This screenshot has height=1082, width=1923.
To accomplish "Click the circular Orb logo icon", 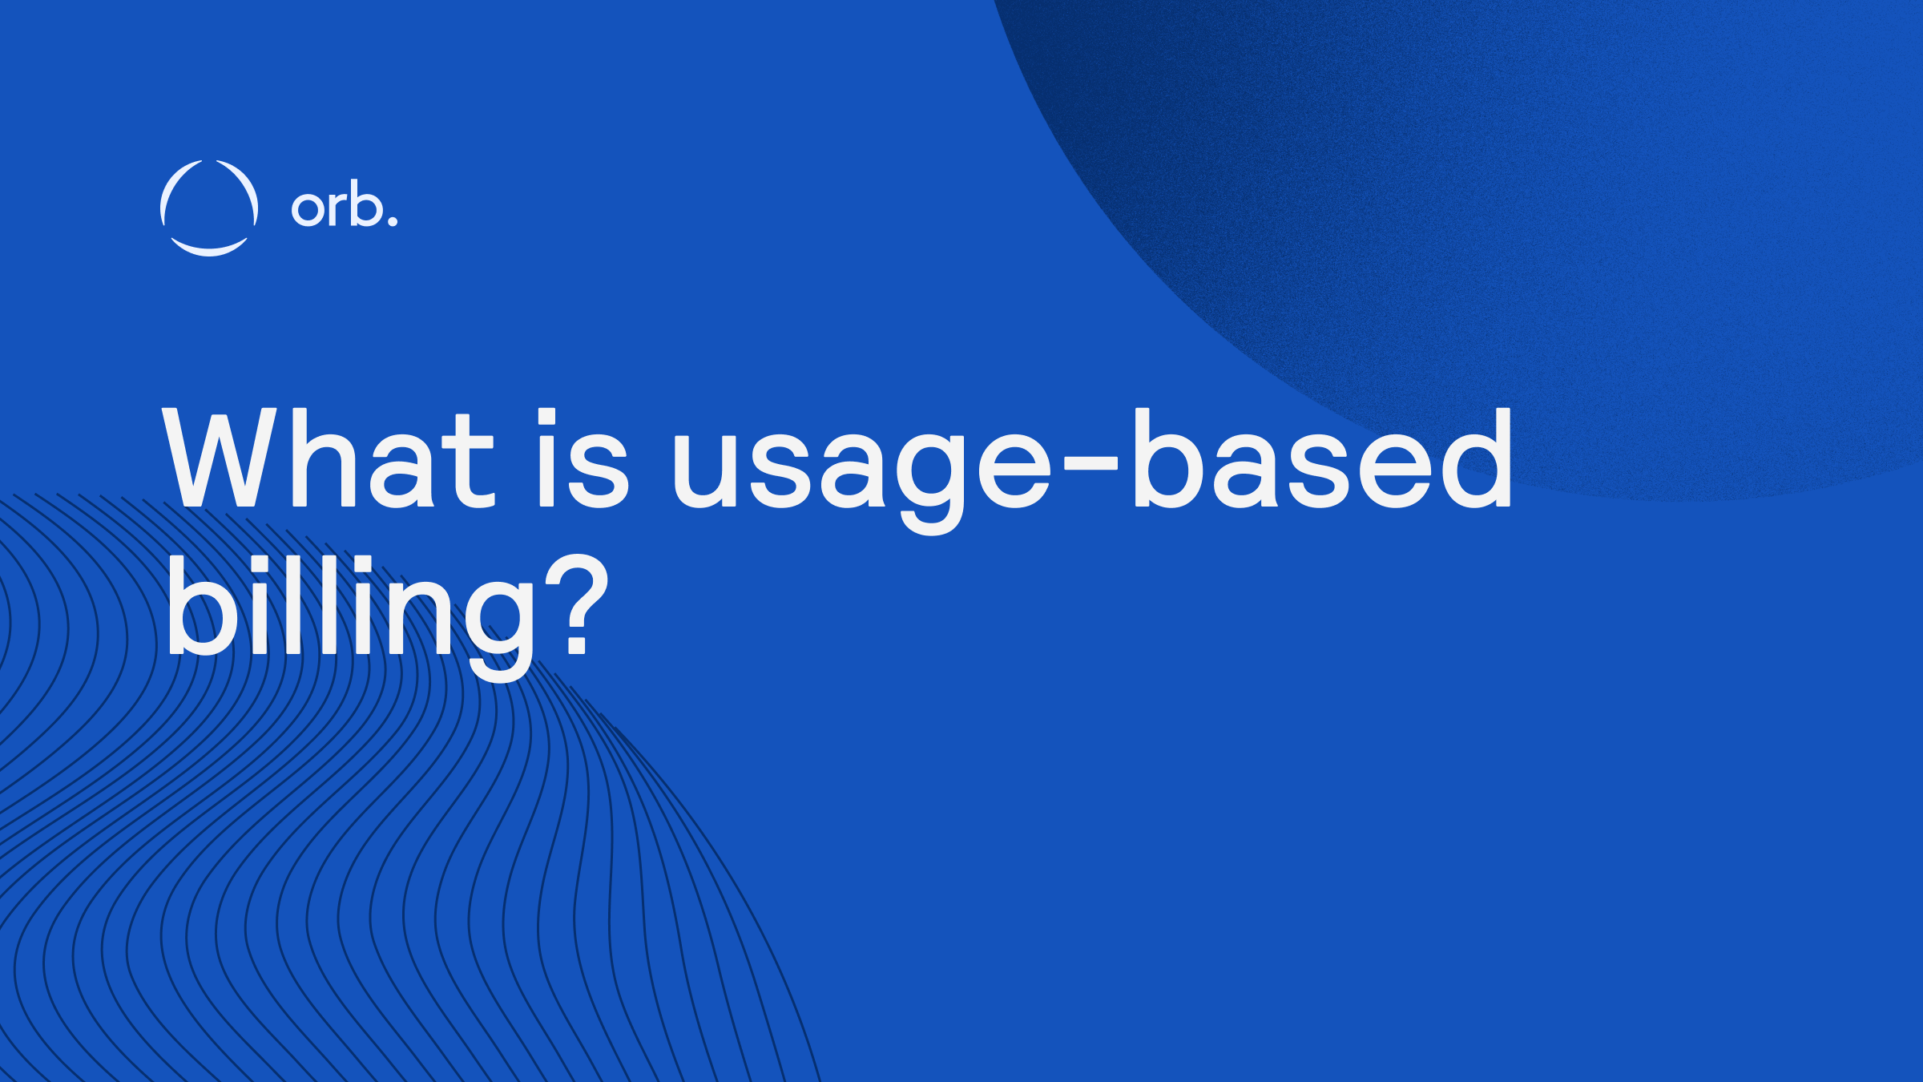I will (209, 208).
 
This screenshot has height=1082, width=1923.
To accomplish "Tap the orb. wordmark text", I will (344, 208).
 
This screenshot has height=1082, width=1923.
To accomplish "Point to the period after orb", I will (392, 220).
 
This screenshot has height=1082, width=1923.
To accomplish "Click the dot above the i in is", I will (546, 417).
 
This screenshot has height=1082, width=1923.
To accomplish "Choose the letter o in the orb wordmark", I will (306, 209).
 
